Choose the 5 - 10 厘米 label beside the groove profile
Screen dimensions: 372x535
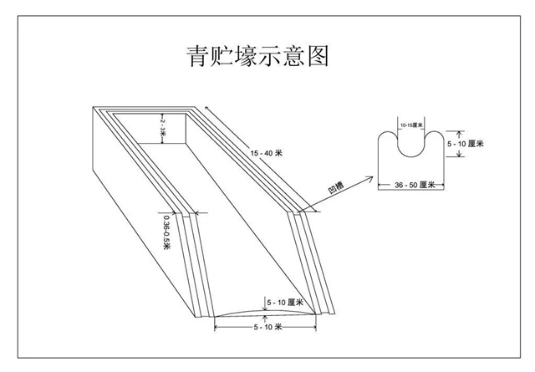coord(466,144)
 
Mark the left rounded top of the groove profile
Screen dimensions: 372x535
coord(389,135)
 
